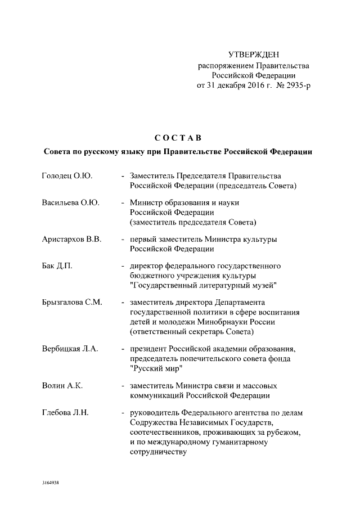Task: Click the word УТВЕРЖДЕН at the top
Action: tap(253, 55)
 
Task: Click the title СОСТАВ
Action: tap(177, 137)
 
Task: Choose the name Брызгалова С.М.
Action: tap(72, 302)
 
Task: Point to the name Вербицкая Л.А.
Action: tap(70, 349)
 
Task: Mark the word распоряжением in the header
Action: tap(222, 65)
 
